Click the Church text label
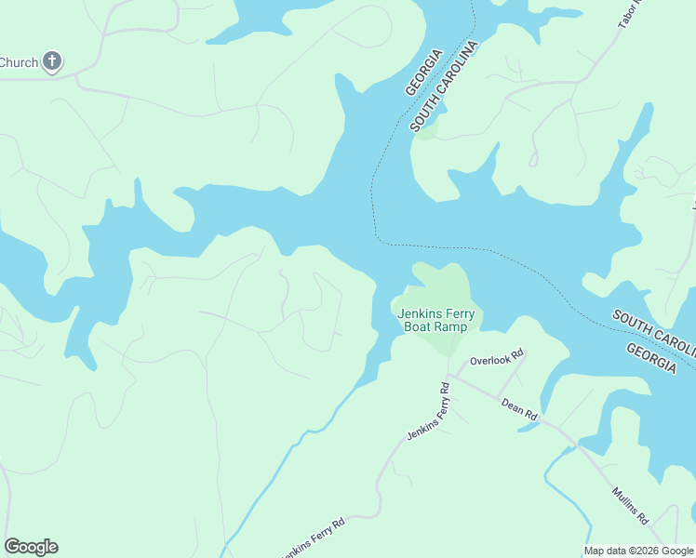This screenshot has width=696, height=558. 19,63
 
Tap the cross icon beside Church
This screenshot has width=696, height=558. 52,62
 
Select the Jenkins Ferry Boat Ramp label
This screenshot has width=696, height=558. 435,321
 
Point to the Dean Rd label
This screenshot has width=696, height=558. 519,410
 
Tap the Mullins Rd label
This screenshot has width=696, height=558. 630,506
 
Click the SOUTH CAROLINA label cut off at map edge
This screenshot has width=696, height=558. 653,330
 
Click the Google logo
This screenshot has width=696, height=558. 31,547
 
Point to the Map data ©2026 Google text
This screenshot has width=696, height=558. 638,551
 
